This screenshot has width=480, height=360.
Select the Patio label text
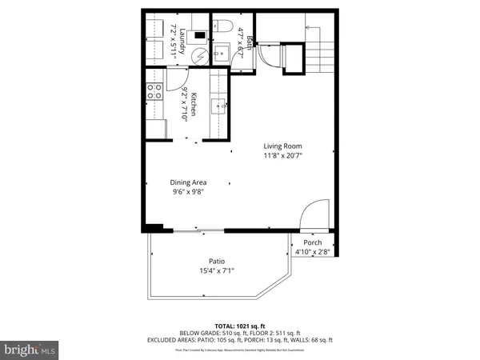(x=217, y=260)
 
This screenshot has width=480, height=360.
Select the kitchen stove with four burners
(x=154, y=92)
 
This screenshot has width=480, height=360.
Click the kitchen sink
(x=219, y=106)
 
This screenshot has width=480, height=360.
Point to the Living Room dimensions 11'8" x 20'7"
(x=283, y=156)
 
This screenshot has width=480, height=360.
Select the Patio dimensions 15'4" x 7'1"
(x=217, y=270)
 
